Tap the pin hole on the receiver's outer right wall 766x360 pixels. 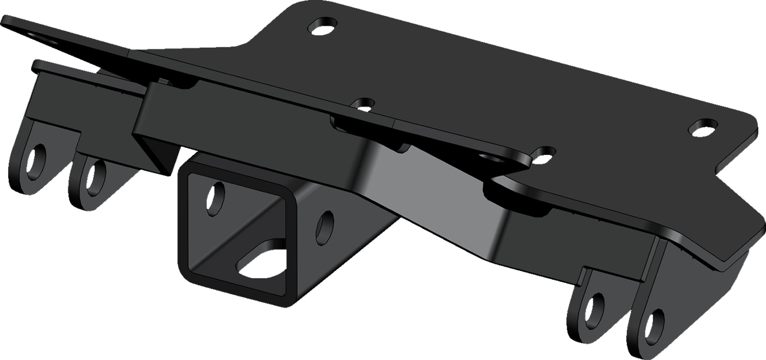[x=325, y=225]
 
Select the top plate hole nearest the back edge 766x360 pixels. [x=322, y=25]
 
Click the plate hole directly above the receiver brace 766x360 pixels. [x=366, y=104]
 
